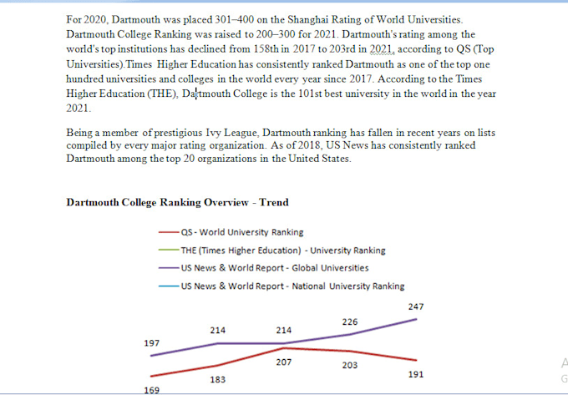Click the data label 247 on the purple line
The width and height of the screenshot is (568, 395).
click(415, 306)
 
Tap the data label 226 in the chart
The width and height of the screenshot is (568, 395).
click(349, 322)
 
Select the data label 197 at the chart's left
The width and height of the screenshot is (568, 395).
click(151, 343)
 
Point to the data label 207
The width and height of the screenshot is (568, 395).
click(283, 362)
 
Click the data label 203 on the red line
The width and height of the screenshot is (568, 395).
click(349, 365)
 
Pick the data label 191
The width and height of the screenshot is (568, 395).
click(415, 374)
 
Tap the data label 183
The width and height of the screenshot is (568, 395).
click(217, 379)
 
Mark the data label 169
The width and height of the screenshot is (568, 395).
click(151, 390)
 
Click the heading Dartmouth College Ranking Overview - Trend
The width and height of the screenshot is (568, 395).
click(177, 202)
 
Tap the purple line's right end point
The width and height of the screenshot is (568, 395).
click(416, 319)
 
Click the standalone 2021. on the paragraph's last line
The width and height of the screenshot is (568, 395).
click(79, 109)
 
